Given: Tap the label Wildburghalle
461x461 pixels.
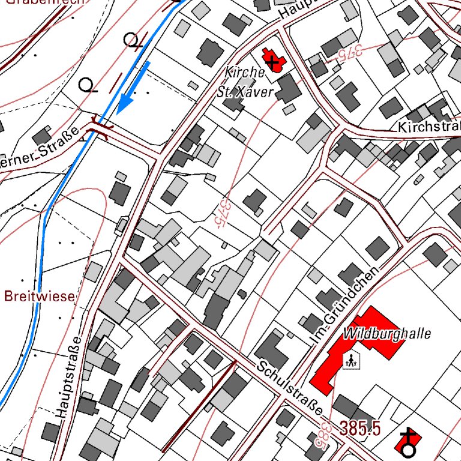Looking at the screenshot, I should [388, 334].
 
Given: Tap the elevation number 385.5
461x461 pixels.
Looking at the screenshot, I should [360, 429].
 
